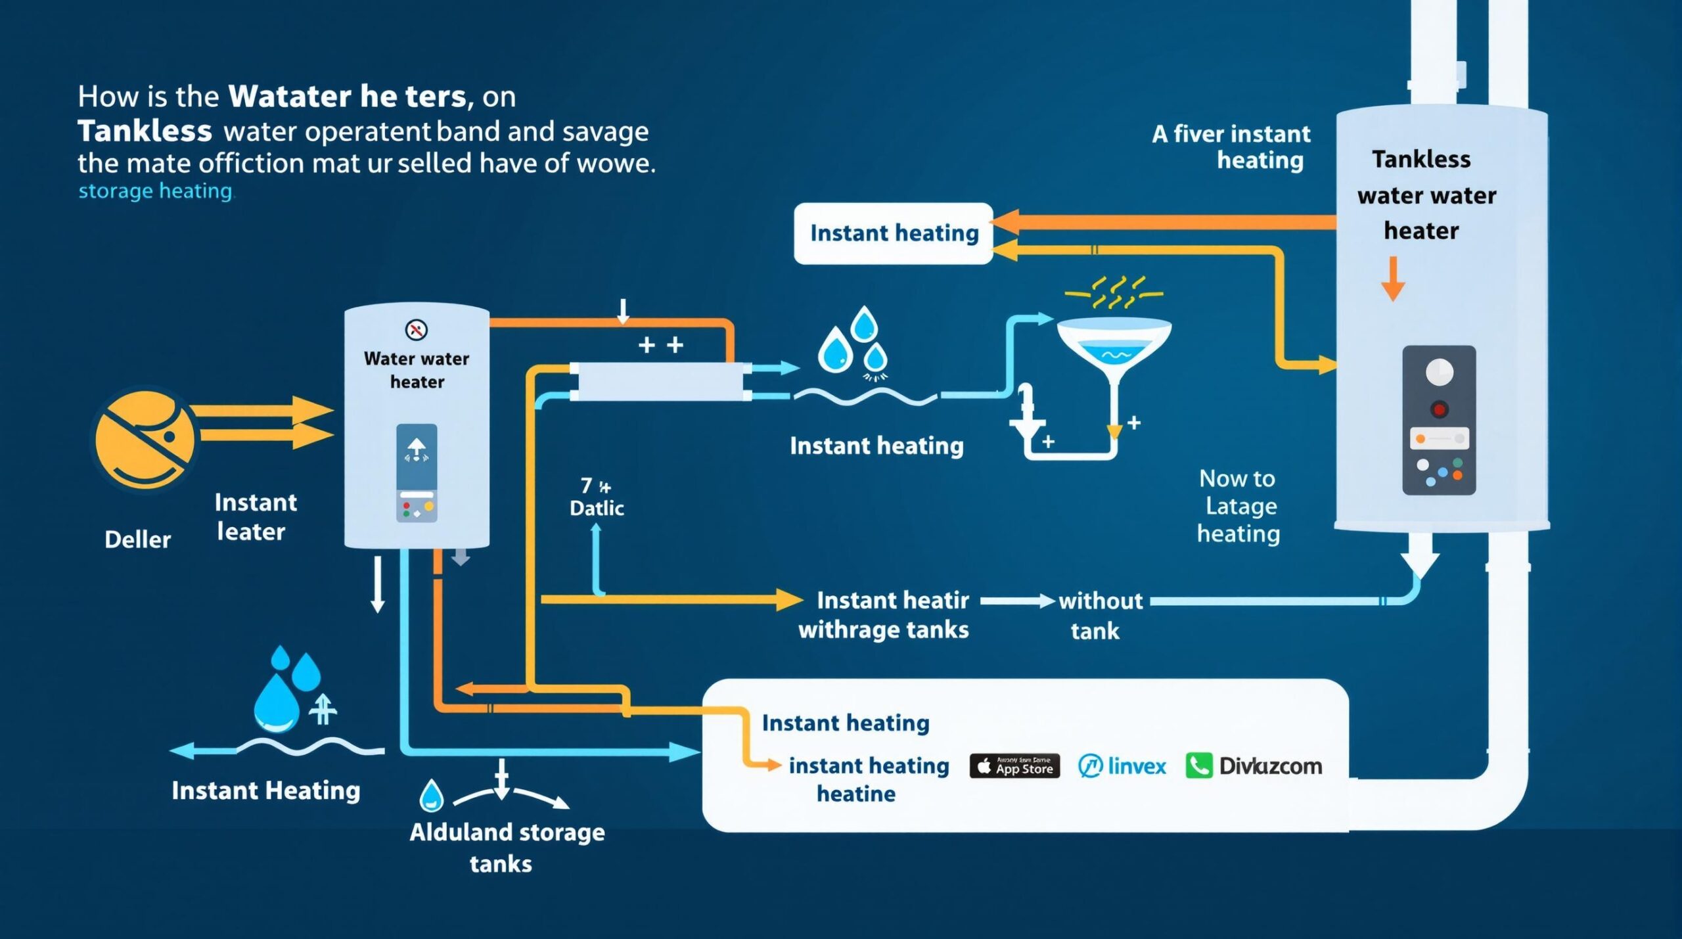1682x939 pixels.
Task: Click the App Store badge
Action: tap(1014, 766)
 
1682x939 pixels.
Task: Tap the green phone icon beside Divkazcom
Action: tap(1199, 766)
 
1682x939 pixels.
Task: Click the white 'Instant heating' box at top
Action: tap(893, 233)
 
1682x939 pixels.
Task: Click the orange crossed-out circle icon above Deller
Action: tap(145, 438)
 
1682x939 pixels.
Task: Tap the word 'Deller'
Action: tap(137, 539)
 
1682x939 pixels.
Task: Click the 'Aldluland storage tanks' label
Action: tap(506, 847)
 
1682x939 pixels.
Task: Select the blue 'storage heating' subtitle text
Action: tap(156, 191)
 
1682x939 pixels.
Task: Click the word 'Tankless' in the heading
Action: tap(145, 131)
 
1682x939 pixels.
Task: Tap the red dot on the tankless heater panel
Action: tap(1439, 409)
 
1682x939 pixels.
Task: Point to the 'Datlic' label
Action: tap(597, 508)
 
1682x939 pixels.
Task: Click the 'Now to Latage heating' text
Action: tap(1238, 506)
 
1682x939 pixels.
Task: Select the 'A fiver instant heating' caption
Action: tap(1231, 147)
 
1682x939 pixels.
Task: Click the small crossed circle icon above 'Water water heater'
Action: tap(417, 329)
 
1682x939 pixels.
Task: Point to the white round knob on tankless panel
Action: tap(1439, 372)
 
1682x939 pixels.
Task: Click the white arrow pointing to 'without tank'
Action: tap(1017, 601)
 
